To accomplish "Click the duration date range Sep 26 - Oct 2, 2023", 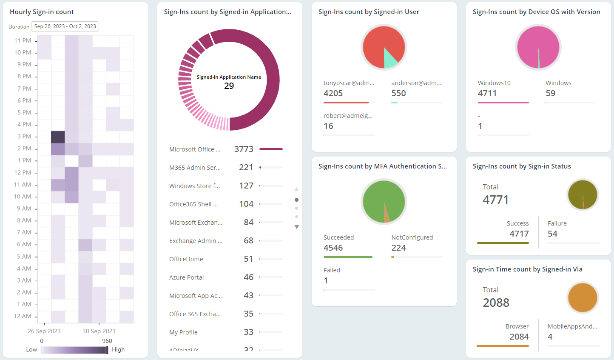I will click(x=65, y=26).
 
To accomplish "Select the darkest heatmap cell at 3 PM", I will click(x=58, y=137).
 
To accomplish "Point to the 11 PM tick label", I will click(x=23, y=40).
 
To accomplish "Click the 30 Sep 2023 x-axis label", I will click(x=99, y=331).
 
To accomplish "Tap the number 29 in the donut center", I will click(x=229, y=86).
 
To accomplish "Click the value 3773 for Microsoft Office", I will click(x=244, y=149).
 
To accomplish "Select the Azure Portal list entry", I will click(x=186, y=277).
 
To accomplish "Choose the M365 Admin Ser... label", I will click(x=195, y=168).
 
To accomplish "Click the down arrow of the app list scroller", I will click(x=296, y=227).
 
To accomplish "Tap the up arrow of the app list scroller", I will click(x=296, y=189).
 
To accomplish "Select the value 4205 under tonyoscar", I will click(x=333, y=93).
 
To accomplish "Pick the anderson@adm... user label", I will click(x=416, y=83).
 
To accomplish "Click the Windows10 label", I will click(x=494, y=83).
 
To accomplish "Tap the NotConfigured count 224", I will click(x=398, y=248).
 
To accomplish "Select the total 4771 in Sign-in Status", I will click(x=496, y=200).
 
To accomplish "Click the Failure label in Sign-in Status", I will click(x=557, y=223).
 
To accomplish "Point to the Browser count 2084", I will click(x=519, y=337).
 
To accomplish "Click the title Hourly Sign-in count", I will click(x=42, y=12).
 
